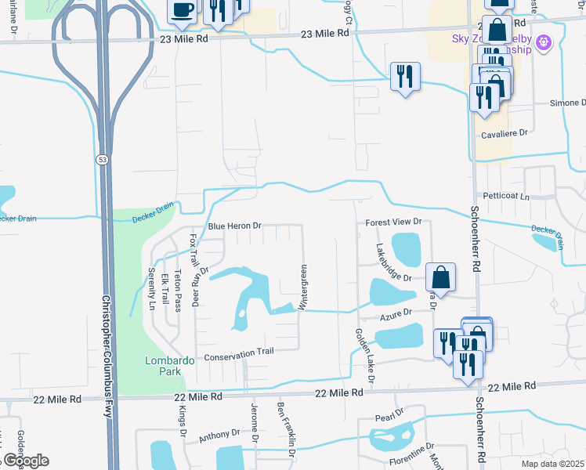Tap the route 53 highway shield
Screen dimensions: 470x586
(x=103, y=159)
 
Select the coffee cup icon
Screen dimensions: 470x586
(x=182, y=11)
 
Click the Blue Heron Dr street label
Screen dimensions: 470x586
(x=233, y=226)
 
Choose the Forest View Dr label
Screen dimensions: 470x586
(x=393, y=222)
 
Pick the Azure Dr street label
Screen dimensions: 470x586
(x=396, y=313)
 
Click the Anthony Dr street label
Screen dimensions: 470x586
(x=219, y=434)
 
